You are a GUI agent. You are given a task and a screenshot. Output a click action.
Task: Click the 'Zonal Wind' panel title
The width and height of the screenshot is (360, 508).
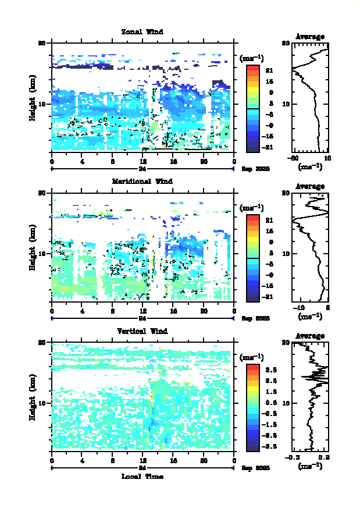(142, 31)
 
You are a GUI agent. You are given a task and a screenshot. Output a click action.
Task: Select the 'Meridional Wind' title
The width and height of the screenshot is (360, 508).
(142, 181)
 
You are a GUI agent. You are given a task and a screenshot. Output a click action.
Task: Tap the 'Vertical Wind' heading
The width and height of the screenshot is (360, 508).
(142, 331)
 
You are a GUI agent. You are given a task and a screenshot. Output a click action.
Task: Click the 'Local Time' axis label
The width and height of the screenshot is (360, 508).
(142, 476)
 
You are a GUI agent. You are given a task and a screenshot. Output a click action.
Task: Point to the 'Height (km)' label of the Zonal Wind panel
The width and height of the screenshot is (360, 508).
(33, 97)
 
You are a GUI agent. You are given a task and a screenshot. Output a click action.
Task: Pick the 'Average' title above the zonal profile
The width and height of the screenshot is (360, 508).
(310, 37)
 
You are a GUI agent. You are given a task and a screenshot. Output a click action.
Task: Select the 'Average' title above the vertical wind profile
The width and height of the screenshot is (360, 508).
(310, 336)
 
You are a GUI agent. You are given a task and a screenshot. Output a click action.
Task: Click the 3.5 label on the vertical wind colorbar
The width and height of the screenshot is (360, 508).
(269, 370)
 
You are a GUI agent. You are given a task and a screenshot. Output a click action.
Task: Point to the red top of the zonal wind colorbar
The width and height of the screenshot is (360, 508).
(252, 69)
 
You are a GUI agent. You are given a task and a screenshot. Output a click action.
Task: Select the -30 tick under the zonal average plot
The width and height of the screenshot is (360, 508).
(294, 158)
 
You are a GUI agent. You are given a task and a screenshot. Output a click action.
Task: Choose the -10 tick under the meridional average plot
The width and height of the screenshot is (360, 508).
(299, 308)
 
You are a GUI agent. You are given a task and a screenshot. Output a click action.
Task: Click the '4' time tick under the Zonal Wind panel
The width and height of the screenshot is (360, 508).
(82, 161)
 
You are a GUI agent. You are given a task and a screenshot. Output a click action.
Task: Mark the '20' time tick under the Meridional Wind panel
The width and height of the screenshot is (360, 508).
(204, 311)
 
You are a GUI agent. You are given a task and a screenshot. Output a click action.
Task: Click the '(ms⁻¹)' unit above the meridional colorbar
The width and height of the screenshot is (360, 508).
(252, 208)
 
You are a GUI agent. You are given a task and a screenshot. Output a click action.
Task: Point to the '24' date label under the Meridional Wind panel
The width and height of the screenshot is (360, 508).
(142, 318)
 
